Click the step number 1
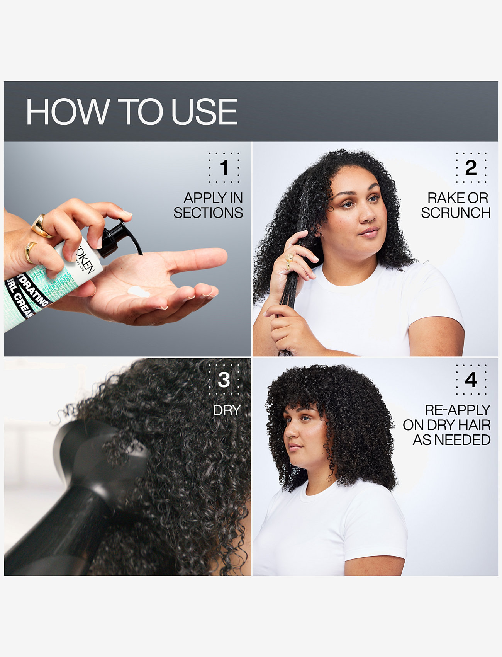pos(224,168)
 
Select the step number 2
pos(471,168)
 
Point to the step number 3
pos(224,380)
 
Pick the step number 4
pos(471,380)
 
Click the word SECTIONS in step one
pos(208,213)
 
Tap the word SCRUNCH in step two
pos(456,213)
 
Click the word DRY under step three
pos(227,410)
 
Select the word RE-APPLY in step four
pos(457,410)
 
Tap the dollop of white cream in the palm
pos(138,292)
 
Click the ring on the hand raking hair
pos(289,259)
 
